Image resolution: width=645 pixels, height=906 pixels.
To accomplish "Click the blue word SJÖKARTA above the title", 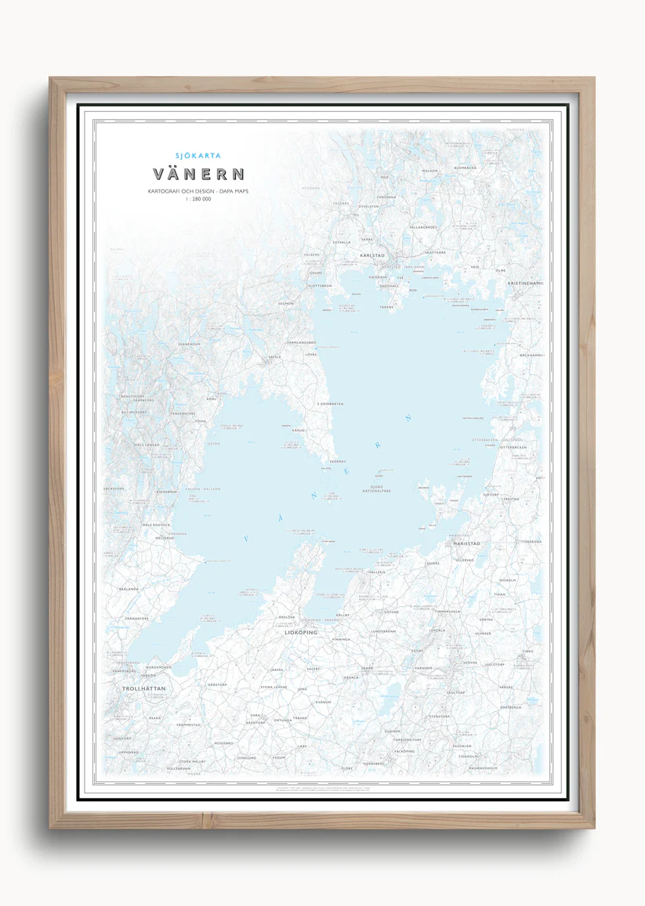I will click(x=198, y=156).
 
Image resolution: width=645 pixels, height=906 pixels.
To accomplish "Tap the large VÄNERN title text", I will click(x=198, y=174).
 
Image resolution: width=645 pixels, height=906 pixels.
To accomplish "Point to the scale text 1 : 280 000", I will click(x=198, y=200).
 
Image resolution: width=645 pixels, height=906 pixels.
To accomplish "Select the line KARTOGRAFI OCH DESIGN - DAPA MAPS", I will click(x=198, y=191).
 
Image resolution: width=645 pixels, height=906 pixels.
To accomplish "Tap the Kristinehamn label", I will click(x=524, y=283).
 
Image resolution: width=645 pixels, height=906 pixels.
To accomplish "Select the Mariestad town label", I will click(x=466, y=543).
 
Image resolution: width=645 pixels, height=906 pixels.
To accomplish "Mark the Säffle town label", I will click(x=274, y=356).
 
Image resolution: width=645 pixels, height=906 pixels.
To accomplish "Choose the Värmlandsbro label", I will click(x=301, y=342).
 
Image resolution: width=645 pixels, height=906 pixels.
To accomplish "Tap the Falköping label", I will click(x=404, y=750).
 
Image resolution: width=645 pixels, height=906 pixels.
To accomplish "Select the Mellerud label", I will click(x=165, y=538).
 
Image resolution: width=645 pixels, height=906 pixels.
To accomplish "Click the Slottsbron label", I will click(x=320, y=286).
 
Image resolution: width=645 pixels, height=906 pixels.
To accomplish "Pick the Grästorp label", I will click(x=217, y=684).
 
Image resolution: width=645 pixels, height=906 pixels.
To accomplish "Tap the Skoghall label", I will click(x=390, y=286).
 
